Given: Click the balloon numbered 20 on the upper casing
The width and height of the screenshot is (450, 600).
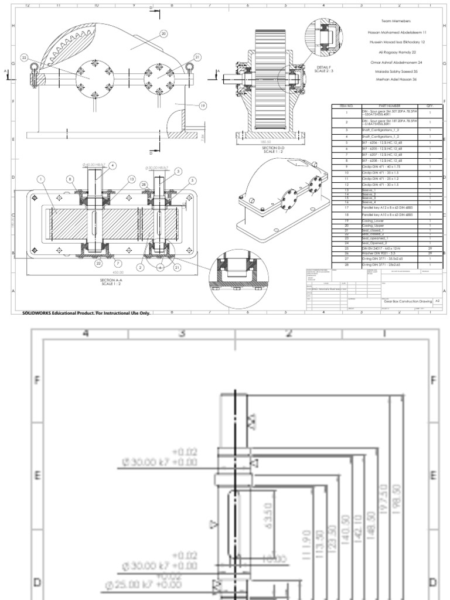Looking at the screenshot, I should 163,34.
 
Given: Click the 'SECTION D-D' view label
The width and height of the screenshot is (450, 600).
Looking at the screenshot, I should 274,148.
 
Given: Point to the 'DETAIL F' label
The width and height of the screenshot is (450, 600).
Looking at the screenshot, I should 323,67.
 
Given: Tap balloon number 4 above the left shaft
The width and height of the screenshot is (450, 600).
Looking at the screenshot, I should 112,165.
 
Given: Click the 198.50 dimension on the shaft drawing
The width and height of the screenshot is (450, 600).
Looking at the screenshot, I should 398,499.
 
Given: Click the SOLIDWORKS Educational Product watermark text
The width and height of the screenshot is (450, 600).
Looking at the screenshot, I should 86,313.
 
